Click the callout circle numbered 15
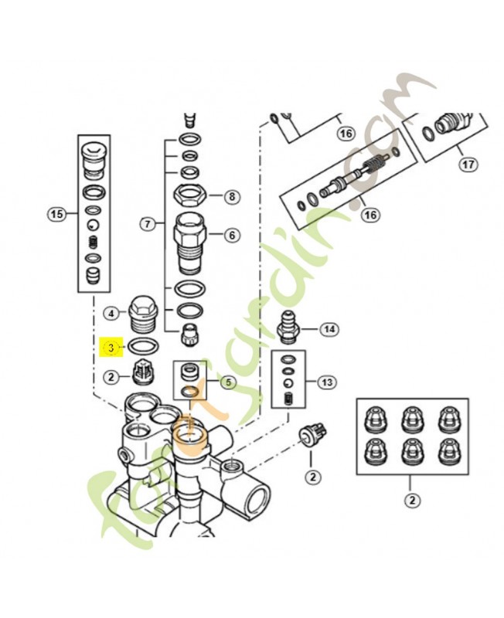(x=56, y=215)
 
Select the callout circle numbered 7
(x=146, y=225)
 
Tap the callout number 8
(x=231, y=197)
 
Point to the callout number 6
(x=231, y=236)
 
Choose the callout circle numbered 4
(x=112, y=313)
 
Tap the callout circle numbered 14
(x=329, y=330)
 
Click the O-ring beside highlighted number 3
(x=143, y=347)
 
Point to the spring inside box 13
(x=288, y=399)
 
